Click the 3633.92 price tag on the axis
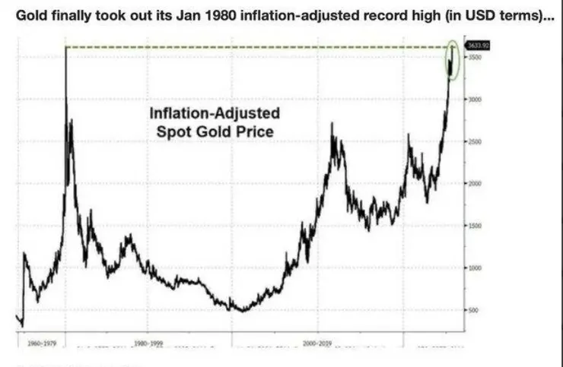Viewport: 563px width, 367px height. [x=478, y=46]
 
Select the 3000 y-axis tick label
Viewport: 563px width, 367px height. [x=475, y=100]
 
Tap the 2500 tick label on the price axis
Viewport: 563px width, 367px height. [x=475, y=142]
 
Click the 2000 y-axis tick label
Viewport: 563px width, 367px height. [x=475, y=184]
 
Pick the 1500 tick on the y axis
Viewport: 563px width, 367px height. [x=475, y=226]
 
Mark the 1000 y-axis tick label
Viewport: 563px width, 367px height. [x=475, y=268]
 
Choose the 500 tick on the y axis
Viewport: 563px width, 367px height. [x=474, y=311]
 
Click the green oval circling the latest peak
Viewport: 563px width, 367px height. [x=453, y=59]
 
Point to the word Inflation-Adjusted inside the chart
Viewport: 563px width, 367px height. [x=214, y=114]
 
